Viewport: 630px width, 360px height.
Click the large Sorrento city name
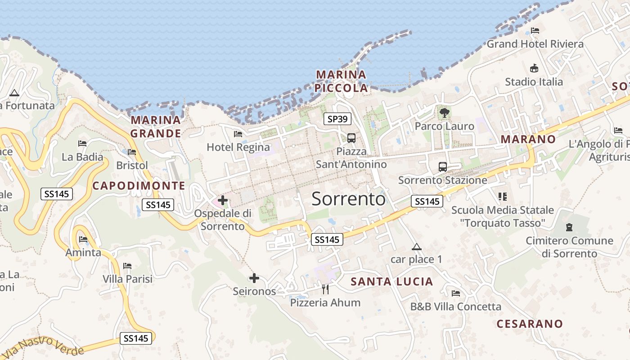point(348,198)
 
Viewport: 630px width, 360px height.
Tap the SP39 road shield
point(337,119)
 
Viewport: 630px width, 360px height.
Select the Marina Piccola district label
point(341,81)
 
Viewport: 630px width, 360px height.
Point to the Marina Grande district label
point(156,126)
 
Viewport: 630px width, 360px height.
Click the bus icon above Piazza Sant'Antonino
point(351,138)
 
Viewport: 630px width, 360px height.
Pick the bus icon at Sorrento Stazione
point(443,166)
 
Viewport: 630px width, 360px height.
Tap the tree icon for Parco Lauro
point(445,113)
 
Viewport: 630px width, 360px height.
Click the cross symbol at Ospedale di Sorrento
point(223,200)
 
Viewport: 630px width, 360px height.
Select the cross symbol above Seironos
point(254,278)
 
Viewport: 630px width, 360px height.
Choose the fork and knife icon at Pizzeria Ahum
point(325,289)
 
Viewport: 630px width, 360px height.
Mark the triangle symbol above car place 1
point(417,247)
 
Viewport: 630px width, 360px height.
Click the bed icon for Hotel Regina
point(238,134)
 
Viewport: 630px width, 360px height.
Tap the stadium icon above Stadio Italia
point(534,68)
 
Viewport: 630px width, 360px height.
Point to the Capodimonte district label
point(139,186)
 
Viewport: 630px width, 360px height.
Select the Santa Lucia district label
point(391,282)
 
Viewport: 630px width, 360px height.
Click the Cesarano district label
point(530,324)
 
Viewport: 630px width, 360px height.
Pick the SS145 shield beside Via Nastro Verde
point(136,338)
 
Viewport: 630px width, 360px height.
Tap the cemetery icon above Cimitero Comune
point(569,227)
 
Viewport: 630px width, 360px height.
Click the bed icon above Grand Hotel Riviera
point(535,31)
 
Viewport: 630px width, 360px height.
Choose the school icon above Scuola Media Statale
point(503,197)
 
